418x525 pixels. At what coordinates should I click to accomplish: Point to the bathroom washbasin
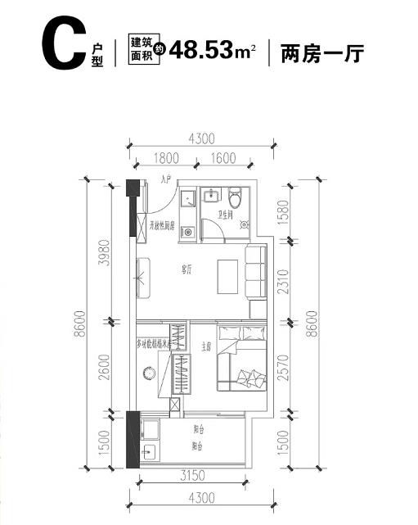(212, 196)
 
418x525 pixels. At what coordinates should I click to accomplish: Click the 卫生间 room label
(227, 216)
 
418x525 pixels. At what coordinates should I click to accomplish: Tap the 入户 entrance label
(167, 179)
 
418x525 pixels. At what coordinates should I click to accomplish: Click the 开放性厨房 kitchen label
(162, 224)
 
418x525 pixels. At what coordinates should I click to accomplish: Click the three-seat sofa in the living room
(255, 275)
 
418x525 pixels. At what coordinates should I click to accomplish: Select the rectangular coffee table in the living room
(227, 277)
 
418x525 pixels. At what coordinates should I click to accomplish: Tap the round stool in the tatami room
(150, 373)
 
